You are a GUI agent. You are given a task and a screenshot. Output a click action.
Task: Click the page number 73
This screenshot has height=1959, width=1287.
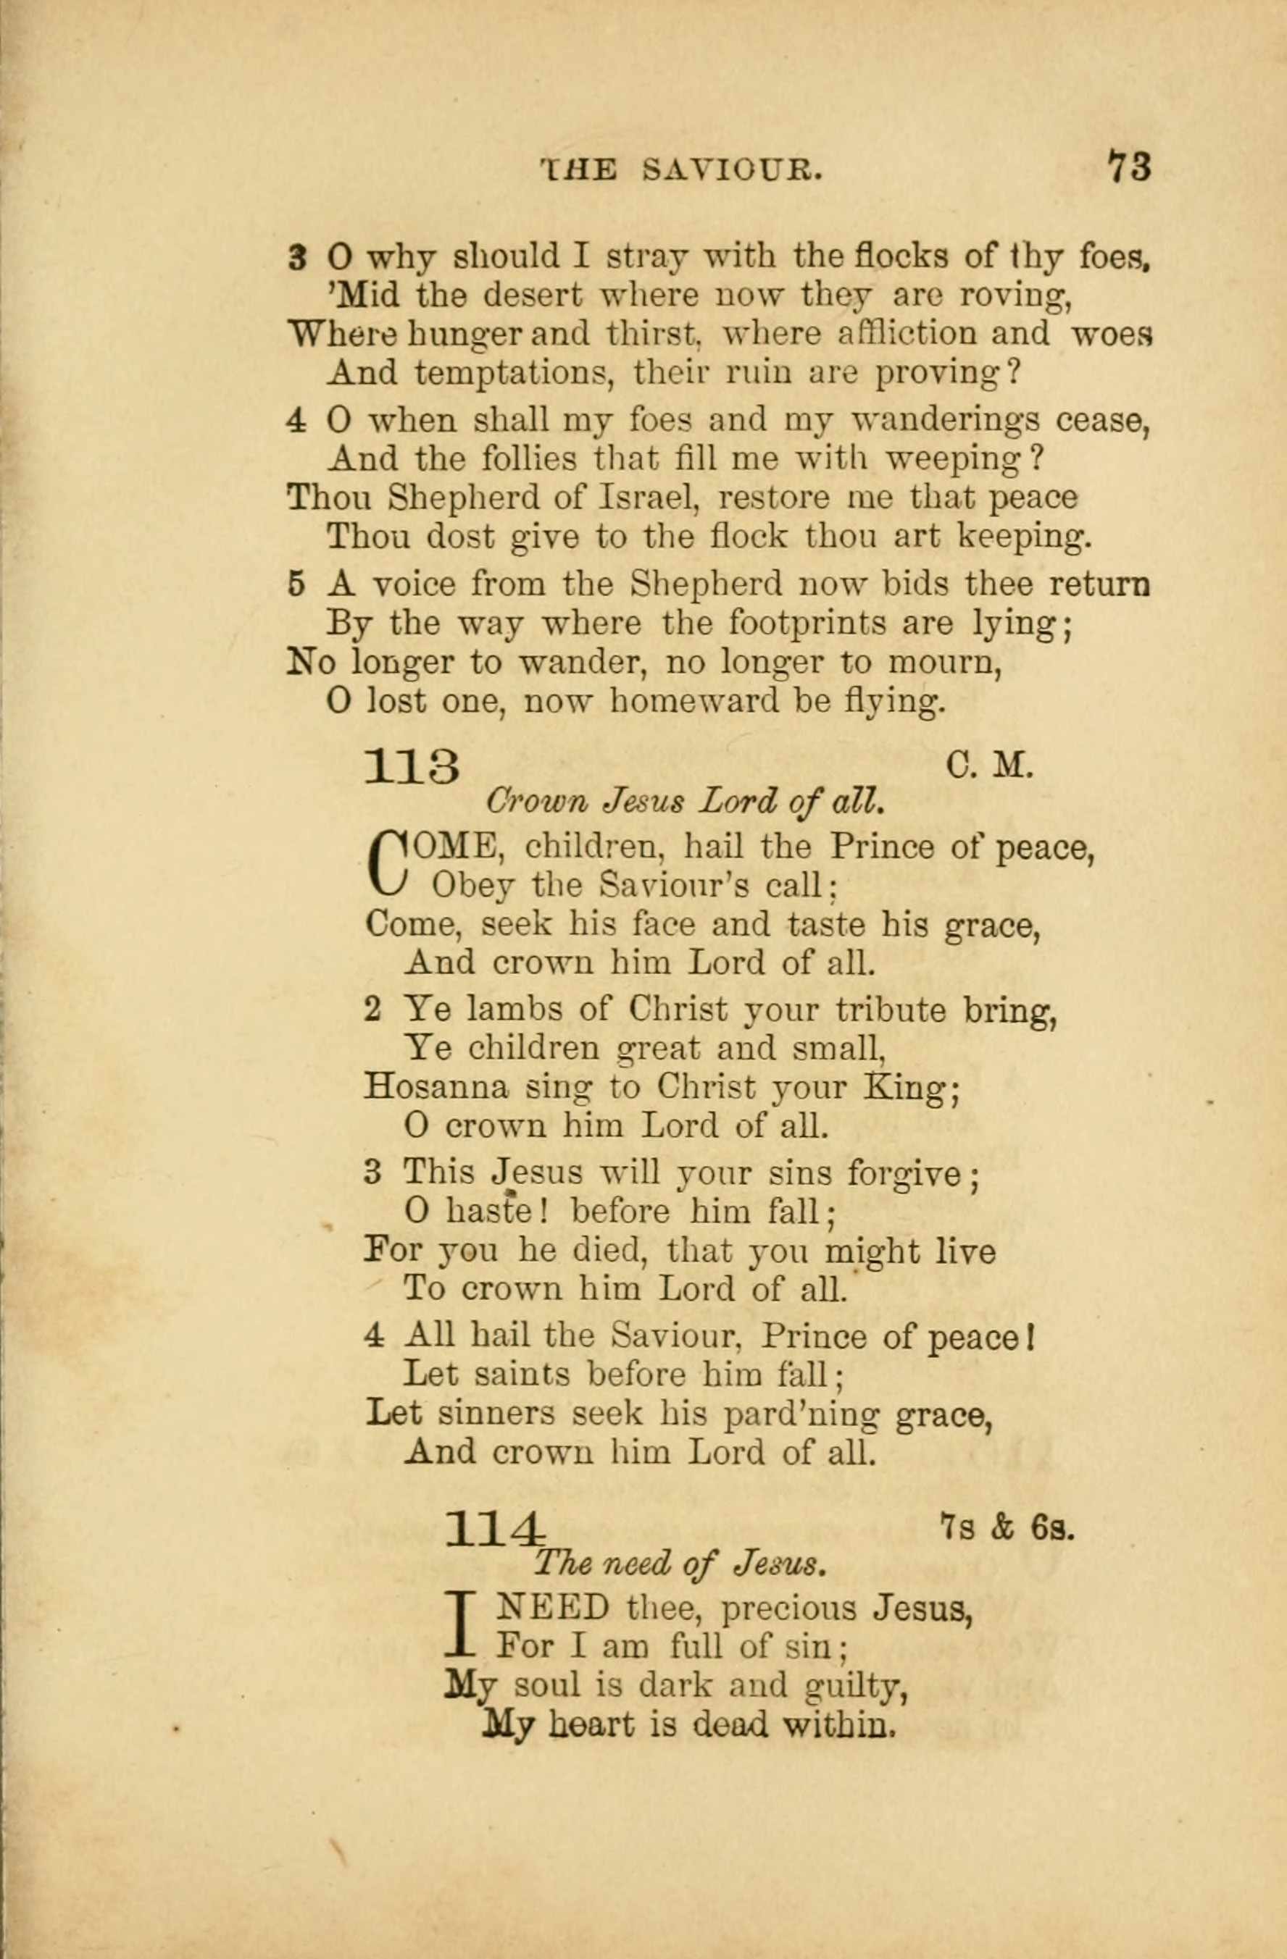coord(1129,167)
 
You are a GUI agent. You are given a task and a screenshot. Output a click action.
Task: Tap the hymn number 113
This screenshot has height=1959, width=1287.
coord(412,768)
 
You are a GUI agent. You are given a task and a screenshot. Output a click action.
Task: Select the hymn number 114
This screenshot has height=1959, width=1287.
coord(495,1530)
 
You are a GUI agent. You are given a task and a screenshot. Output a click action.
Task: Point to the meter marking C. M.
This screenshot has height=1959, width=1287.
coord(989,767)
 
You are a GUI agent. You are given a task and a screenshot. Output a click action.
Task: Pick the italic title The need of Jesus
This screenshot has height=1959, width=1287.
coord(679,1563)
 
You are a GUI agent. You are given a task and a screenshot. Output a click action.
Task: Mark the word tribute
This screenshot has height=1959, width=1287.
coord(889,1009)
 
